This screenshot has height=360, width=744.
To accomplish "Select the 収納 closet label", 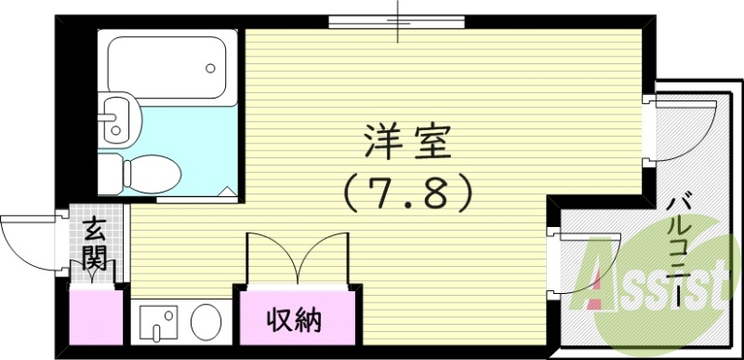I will pos(295,322).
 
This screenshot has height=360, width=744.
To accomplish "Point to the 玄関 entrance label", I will pos(94,245).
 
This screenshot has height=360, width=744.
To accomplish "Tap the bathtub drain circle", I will pos(211,68).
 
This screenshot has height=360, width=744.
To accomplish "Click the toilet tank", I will pos(110,173).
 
